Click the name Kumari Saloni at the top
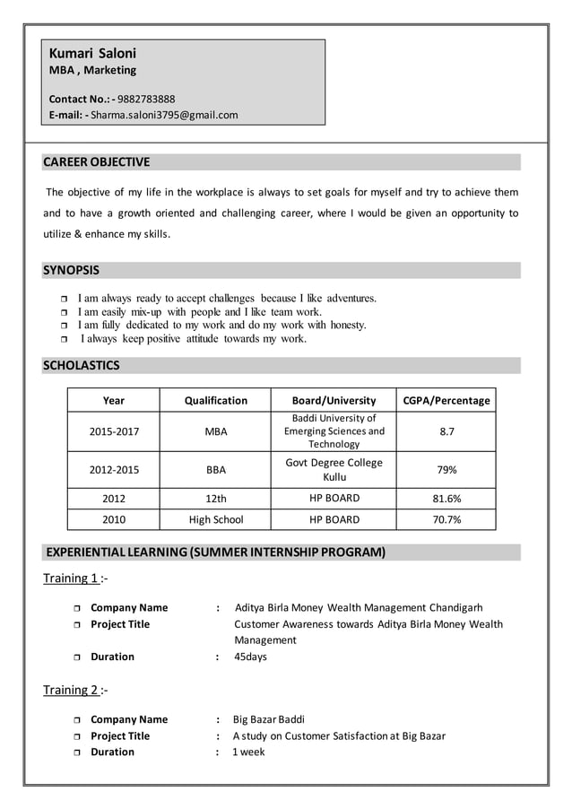click(x=92, y=53)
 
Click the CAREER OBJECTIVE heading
click(x=97, y=162)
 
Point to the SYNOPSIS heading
click(x=72, y=270)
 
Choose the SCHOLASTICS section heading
click(x=82, y=365)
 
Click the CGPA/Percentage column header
click(x=446, y=400)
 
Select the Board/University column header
click(x=334, y=400)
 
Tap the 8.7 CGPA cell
click(x=446, y=431)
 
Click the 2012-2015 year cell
click(x=114, y=469)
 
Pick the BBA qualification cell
click(x=215, y=469)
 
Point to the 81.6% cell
click(x=446, y=498)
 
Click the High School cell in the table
click(x=215, y=519)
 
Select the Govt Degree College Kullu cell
click(x=334, y=469)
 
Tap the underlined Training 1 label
click(x=71, y=578)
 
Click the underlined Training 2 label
click(x=71, y=690)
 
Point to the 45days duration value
click(x=250, y=657)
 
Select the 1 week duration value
click(x=248, y=752)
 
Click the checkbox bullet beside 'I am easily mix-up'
click(x=64, y=312)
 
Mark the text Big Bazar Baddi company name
click(x=268, y=719)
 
